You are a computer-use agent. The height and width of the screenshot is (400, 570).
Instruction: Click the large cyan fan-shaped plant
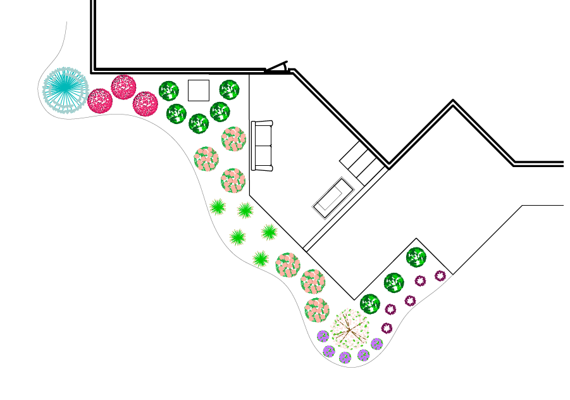tap(65, 90)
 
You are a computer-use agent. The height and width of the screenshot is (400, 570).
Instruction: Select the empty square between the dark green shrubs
tap(199, 91)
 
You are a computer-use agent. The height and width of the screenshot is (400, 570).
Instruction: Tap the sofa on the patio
tap(262, 146)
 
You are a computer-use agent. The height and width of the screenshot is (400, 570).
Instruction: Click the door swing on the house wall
tap(277, 67)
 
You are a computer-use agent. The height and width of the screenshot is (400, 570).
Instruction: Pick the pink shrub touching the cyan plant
tap(100, 101)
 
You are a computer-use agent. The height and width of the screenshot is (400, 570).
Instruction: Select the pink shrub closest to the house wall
tap(123, 87)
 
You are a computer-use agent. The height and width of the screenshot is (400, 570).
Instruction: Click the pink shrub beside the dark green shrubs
tap(146, 104)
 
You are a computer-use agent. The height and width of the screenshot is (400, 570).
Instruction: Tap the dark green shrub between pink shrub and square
tap(169, 91)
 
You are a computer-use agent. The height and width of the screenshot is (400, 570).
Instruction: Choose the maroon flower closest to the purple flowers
tap(387, 328)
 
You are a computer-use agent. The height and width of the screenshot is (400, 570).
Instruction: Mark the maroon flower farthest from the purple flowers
tap(440, 276)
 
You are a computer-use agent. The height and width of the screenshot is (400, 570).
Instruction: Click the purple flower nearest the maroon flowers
tap(376, 344)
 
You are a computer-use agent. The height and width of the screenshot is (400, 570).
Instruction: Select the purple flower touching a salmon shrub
tap(323, 336)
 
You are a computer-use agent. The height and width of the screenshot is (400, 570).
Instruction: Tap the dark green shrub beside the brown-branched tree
tap(369, 304)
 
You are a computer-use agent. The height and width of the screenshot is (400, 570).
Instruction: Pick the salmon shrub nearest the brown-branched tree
tap(317, 310)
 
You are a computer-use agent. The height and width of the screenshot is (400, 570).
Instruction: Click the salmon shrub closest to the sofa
tap(233, 139)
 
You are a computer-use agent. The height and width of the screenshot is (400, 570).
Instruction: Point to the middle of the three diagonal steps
tap(362, 161)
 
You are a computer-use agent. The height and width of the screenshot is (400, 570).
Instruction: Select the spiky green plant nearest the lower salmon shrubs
tap(261, 258)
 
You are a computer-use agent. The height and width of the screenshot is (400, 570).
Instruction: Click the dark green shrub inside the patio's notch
tap(416, 257)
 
